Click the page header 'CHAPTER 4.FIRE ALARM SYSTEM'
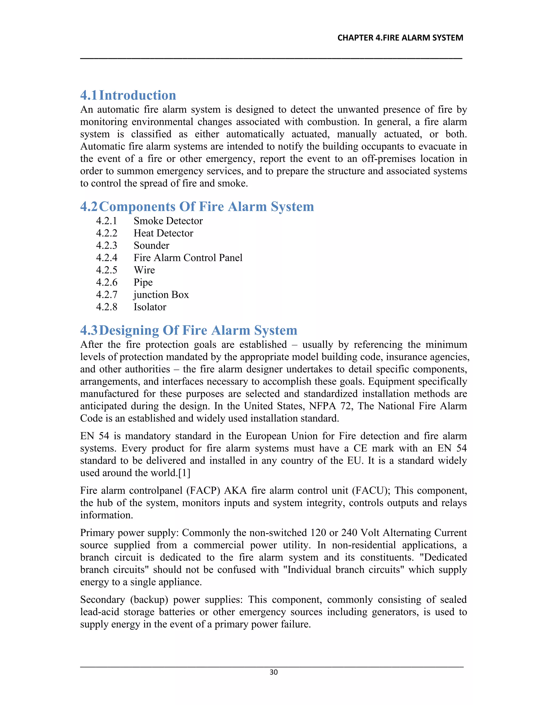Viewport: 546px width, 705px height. point(400,38)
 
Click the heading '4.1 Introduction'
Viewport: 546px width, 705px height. point(128,95)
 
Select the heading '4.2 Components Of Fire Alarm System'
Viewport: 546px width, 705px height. point(197,206)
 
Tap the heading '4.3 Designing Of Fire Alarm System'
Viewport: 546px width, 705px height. point(189,330)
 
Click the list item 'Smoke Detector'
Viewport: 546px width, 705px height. point(168,221)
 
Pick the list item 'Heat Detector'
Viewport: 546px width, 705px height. point(163,233)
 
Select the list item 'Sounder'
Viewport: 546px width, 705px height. point(151,245)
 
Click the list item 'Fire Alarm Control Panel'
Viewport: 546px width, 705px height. point(188,258)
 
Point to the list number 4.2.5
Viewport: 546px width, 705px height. point(106,270)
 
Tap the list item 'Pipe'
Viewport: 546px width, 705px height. point(143,282)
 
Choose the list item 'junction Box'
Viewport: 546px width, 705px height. point(161,295)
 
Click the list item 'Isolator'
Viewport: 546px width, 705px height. point(150,307)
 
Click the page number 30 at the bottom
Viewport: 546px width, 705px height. point(273,672)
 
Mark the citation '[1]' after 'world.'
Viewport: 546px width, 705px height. point(184,473)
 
